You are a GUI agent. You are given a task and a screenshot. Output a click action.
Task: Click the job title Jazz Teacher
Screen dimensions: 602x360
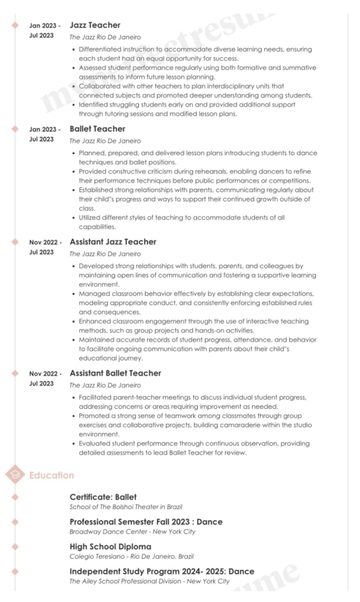95,25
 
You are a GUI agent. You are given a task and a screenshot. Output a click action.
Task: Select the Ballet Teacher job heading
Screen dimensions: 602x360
97,129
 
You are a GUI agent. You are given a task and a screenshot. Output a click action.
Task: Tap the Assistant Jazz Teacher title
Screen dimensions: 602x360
113,242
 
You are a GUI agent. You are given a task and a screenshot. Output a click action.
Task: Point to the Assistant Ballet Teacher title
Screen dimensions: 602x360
115,373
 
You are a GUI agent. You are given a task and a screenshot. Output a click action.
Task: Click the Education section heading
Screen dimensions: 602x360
52,475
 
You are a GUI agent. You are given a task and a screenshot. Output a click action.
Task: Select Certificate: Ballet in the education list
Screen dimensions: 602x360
103,497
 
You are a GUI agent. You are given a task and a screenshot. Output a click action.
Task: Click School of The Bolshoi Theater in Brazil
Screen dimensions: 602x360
126,507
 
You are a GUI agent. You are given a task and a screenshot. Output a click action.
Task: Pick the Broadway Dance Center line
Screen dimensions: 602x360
132,531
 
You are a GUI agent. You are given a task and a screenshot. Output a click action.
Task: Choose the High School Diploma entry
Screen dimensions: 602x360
110,547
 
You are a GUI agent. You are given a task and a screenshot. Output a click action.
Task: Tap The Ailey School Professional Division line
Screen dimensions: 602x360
149,581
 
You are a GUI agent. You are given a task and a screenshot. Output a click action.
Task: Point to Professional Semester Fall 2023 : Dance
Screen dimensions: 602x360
146,522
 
